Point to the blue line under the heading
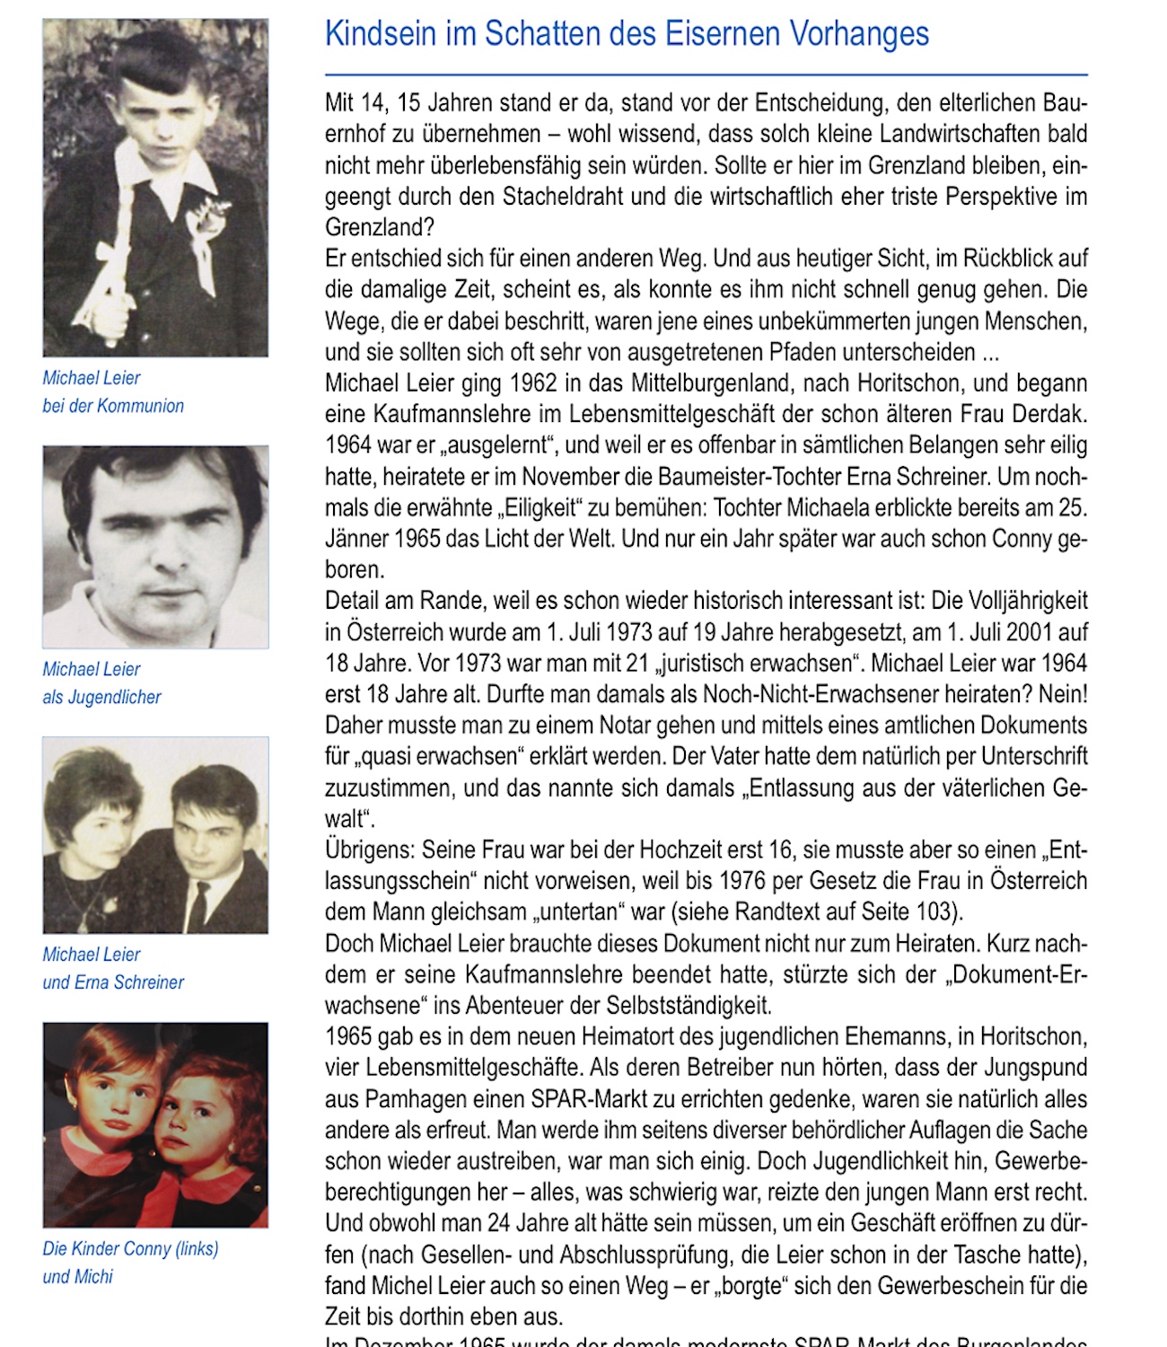click(706, 75)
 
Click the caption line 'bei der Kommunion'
click(113, 406)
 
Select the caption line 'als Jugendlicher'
click(101, 697)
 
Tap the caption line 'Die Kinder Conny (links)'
click(130, 1248)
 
